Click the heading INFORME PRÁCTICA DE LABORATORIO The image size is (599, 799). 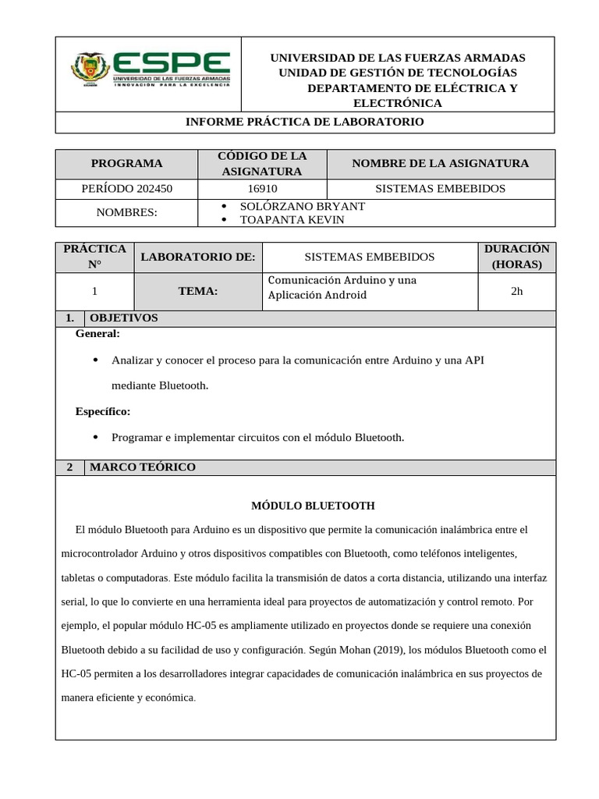tap(304, 123)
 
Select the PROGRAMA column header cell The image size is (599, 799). tap(126, 164)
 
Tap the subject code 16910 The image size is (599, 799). tap(262, 189)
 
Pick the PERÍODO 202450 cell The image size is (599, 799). tap(126, 189)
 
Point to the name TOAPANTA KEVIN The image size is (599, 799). tap(292, 219)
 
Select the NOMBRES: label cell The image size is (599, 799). tap(126, 212)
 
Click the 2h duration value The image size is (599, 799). tap(516, 291)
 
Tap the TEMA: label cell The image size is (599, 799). tap(198, 291)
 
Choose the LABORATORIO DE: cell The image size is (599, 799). tap(198, 257)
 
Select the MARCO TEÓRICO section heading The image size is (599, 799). tap(143, 467)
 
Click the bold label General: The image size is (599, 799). tap(97, 334)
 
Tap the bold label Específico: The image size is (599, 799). tap(102, 411)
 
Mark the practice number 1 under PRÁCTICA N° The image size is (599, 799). tap(94, 291)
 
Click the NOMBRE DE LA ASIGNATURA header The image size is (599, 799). tap(440, 164)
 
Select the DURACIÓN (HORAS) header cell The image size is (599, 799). tap(516, 257)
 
